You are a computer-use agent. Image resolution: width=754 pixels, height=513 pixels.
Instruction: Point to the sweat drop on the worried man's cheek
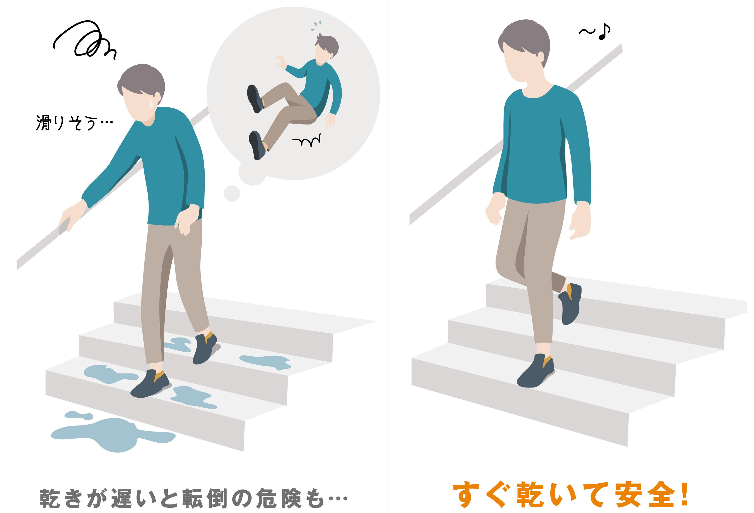pyautogui.click(x=151, y=104)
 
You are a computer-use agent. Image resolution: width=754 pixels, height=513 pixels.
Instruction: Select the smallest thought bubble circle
pyautogui.click(x=232, y=194)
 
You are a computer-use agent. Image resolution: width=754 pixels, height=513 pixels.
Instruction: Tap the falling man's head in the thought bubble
pyautogui.click(x=327, y=47)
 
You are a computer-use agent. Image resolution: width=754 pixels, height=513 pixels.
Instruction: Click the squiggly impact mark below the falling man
pyautogui.click(x=306, y=140)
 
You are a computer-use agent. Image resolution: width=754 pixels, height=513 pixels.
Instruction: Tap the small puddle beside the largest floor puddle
pyautogui.click(x=79, y=415)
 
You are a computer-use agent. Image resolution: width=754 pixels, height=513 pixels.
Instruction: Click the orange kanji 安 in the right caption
pyautogui.click(x=628, y=494)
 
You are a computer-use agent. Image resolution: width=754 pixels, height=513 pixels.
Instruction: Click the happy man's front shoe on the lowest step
pyautogui.click(x=535, y=371)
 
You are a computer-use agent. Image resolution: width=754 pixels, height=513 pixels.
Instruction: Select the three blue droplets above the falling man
pyautogui.click(x=316, y=25)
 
